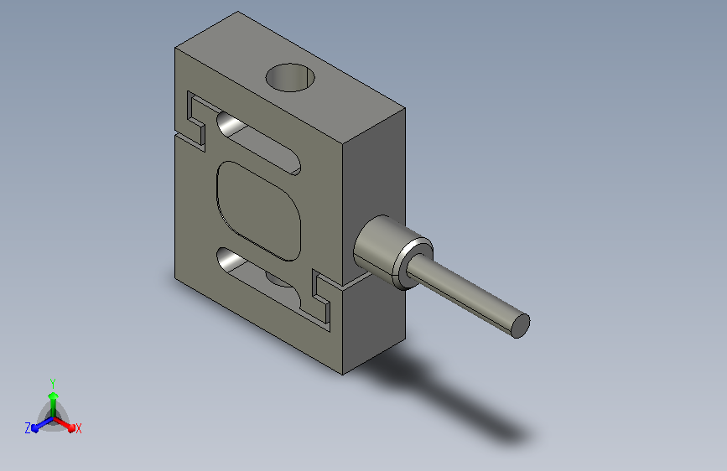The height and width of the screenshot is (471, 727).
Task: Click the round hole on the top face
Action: click(290, 77)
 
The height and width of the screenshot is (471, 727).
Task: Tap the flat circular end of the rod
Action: click(520, 326)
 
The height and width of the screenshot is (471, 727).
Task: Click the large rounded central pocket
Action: click(259, 211)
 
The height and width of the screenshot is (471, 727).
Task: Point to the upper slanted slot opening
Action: click(257, 142)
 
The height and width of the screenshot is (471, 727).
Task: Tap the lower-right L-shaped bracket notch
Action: click(321, 297)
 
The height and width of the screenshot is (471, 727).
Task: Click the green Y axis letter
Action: click(53, 384)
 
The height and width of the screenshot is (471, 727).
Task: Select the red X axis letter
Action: click(78, 429)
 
